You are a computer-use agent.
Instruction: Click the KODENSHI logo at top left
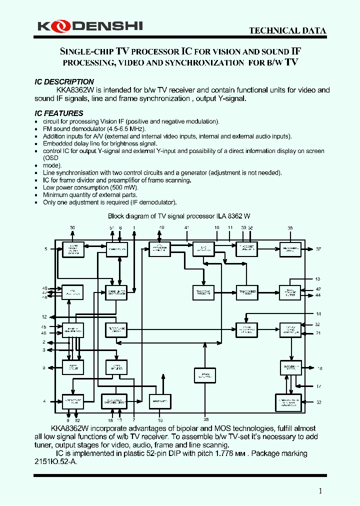click(x=90, y=26)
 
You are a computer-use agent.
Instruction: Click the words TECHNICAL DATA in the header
click(x=287, y=31)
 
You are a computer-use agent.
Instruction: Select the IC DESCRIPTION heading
click(x=64, y=81)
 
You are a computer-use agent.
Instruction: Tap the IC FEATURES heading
click(x=59, y=113)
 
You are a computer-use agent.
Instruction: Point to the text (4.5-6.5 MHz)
click(x=114, y=129)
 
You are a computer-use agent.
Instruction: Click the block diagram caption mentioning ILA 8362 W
click(x=182, y=216)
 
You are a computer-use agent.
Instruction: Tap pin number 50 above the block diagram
click(x=72, y=228)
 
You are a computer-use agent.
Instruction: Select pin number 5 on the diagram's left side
click(x=45, y=248)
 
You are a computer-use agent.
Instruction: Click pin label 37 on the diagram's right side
click(x=318, y=249)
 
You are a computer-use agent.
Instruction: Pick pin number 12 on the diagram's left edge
click(x=44, y=316)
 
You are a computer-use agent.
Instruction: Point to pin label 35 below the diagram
click(x=205, y=420)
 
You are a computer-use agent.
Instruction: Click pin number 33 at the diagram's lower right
click(x=318, y=401)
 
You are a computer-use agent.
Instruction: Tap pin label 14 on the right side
click(x=318, y=314)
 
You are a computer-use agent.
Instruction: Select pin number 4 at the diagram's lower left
click(x=44, y=401)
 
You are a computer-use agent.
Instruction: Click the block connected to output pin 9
click(x=73, y=367)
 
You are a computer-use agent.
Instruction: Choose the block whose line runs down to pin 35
click(x=205, y=375)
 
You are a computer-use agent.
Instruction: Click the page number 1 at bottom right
click(x=320, y=491)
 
